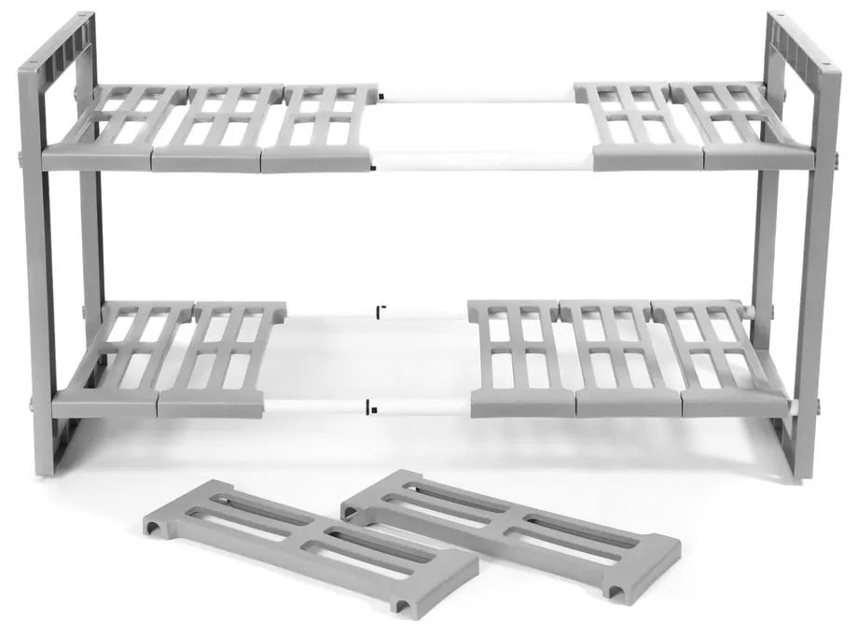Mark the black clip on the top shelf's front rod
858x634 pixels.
(373, 168)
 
